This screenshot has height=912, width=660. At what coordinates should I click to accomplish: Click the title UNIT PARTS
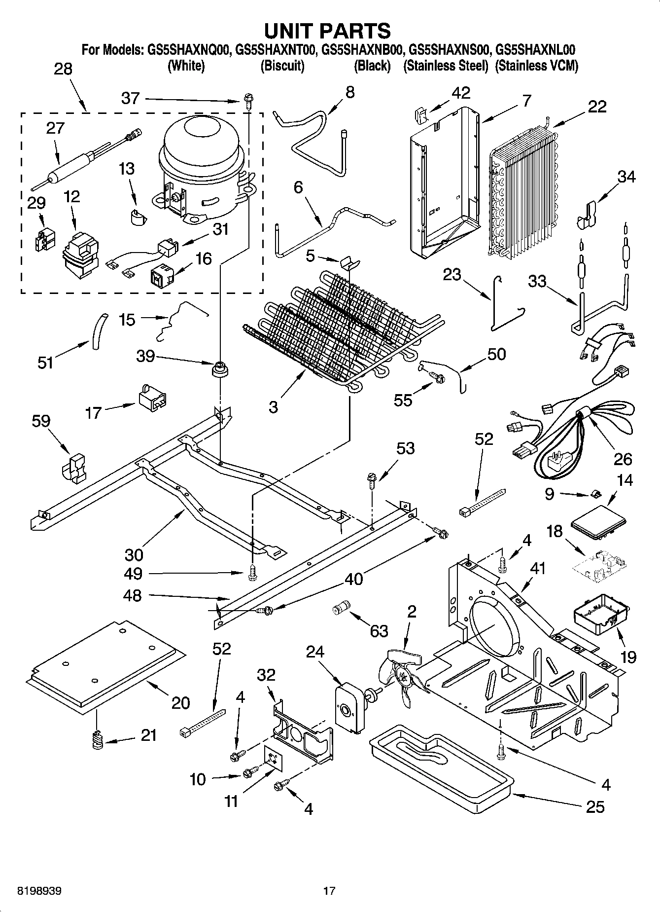[328, 31]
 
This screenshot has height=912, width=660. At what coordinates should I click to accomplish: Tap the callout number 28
[63, 69]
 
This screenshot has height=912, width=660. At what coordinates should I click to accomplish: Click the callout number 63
[379, 631]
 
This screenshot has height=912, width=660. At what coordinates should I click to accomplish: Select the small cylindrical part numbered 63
[340, 608]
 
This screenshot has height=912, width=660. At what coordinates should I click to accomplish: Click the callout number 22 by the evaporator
[597, 107]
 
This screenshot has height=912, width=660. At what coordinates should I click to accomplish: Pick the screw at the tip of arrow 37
[247, 101]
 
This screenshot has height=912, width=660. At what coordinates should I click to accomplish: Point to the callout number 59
[41, 421]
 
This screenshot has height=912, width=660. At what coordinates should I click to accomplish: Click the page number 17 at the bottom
[329, 891]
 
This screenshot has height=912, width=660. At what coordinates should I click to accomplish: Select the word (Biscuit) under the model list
[282, 66]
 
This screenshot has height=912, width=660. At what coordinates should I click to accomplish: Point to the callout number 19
[628, 657]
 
